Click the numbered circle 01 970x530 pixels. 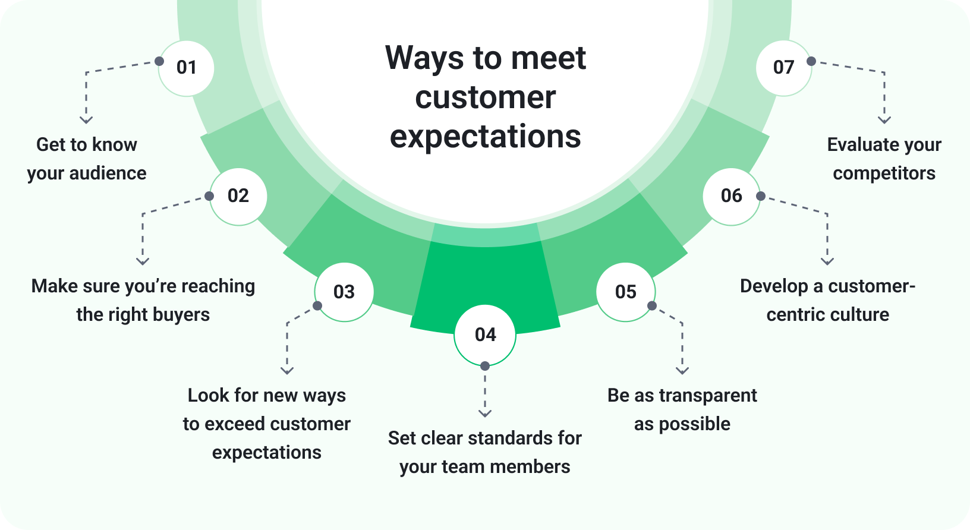186,68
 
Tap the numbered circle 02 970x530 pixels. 238,196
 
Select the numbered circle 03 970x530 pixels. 344,292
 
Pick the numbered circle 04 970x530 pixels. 485,335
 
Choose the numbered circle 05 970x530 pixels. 625,292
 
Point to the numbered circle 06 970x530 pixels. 731,196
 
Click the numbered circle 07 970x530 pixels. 783,68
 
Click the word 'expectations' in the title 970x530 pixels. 485,137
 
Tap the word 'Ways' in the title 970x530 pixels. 424,58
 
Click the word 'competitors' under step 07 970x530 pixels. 884,173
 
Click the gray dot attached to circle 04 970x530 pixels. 485,366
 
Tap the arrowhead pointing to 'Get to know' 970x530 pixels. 86,120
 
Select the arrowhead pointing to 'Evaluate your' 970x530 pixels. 884,120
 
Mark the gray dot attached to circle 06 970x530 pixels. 761,196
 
